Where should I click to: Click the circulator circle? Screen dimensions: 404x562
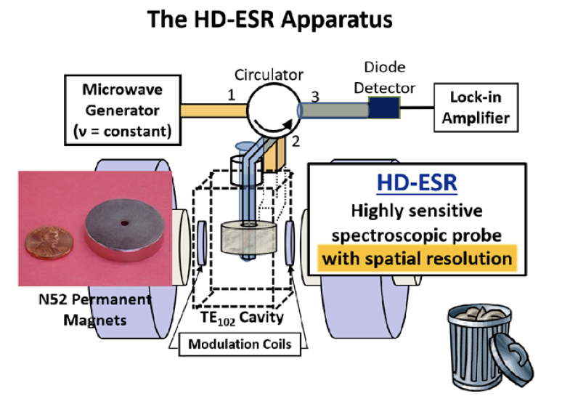point(269,110)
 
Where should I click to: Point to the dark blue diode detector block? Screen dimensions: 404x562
point(383,109)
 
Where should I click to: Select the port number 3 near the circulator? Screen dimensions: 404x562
point(314,95)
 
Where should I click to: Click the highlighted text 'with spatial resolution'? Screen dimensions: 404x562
point(415,259)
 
